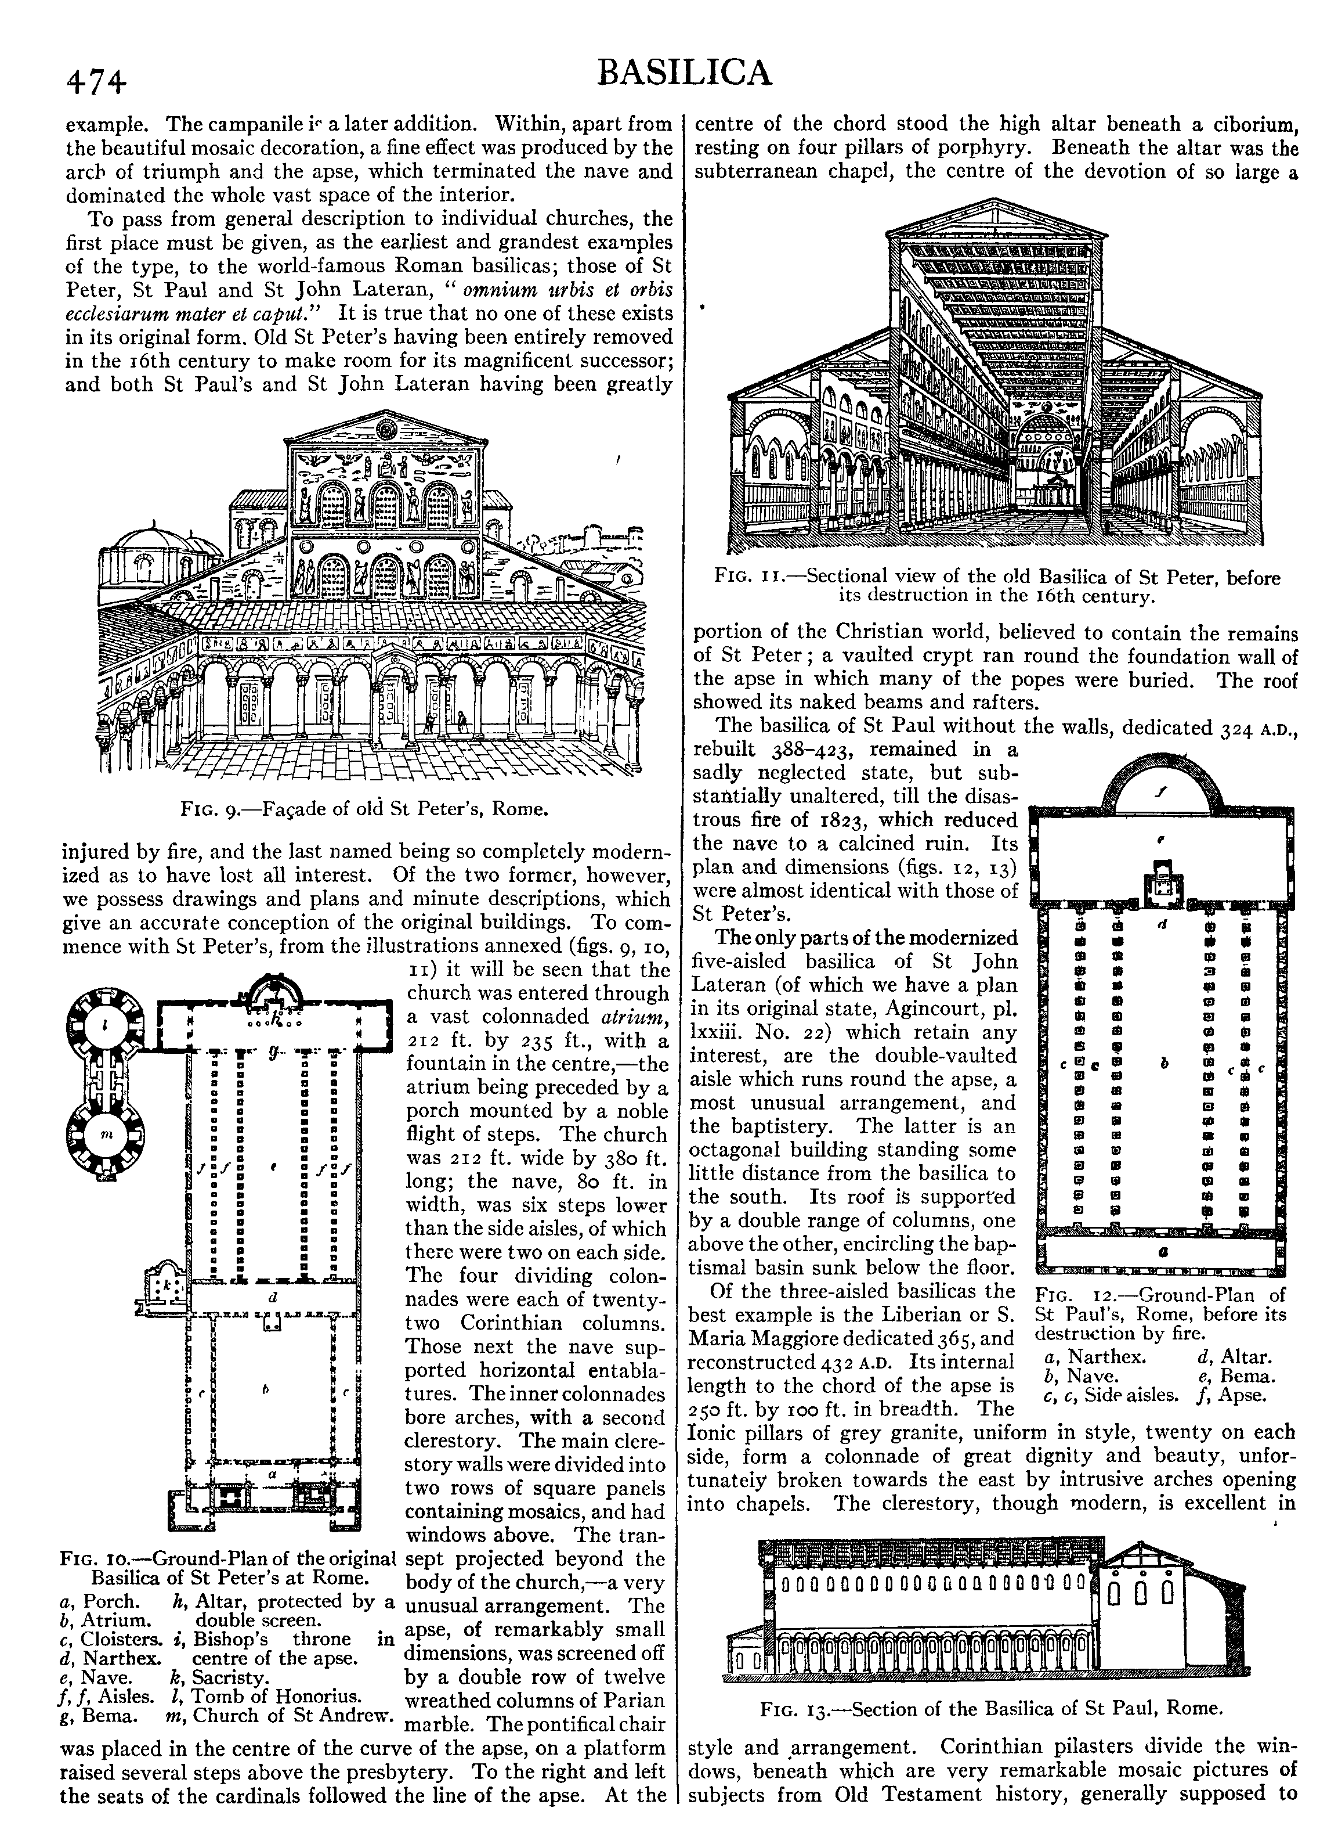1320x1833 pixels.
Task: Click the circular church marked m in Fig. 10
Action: coord(106,1134)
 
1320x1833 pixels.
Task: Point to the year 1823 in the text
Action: coord(848,819)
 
